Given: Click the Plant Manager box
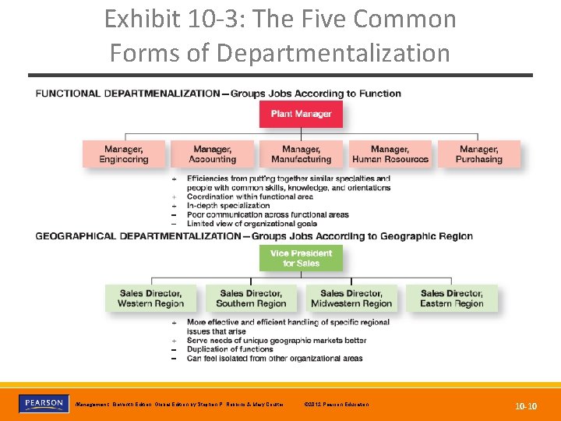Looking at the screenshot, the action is tap(301, 114).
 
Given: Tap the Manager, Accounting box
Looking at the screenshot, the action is tap(212, 154).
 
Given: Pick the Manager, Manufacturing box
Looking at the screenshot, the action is tap(301, 154).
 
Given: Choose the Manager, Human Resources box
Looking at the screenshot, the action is tap(390, 154).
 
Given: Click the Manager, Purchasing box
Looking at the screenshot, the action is tap(478, 154).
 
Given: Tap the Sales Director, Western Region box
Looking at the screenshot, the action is tap(150, 298).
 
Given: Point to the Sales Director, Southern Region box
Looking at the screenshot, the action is tap(251, 298).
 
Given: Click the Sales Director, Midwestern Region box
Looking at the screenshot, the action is tap(351, 298).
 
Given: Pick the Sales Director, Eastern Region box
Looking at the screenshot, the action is tap(451, 298).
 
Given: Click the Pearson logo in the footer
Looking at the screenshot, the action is tap(43, 404).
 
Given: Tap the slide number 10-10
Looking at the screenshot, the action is tap(525, 406).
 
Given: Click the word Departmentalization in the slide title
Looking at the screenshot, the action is tap(333, 53).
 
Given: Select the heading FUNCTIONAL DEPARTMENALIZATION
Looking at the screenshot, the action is tap(128, 94).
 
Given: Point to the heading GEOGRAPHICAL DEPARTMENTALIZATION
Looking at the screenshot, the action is tap(139, 236).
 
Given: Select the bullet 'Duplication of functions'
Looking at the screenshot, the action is tap(230, 349).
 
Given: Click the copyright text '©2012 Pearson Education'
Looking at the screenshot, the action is tap(338, 404).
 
